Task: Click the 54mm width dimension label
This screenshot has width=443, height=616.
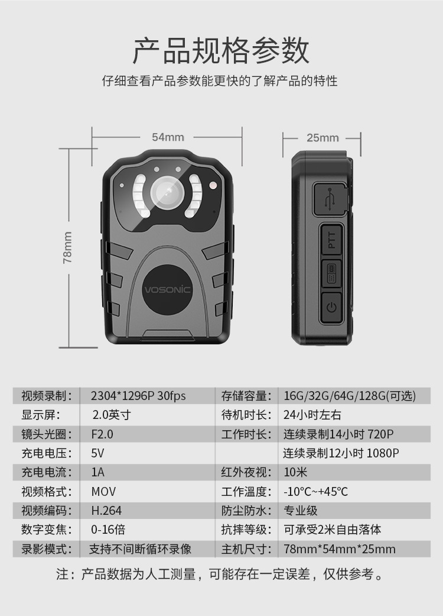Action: tap(168, 137)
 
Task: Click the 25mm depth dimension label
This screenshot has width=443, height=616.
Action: tap(323, 138)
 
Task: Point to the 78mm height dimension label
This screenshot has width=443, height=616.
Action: tap(68, 247)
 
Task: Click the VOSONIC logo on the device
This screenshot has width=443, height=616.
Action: tap(168, 290)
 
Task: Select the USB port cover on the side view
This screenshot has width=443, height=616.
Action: tap(330, 199)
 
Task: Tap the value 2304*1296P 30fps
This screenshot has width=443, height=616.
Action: tap(138, 396)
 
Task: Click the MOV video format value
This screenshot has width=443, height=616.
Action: tap(103, 491)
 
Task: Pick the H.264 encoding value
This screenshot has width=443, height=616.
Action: tap(106, 510)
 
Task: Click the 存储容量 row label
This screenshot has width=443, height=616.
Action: tap(246, 396)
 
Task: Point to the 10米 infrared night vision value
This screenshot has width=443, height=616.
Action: tap(295, 472)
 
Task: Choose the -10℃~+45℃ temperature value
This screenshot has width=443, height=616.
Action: tap(316, 491)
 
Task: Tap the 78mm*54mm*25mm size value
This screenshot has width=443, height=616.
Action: tap(340, 549)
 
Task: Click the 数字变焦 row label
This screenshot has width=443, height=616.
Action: tap(47, 529)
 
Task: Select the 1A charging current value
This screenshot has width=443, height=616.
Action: tap(98, 472)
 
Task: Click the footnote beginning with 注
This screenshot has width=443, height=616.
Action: tap(221, 574)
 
